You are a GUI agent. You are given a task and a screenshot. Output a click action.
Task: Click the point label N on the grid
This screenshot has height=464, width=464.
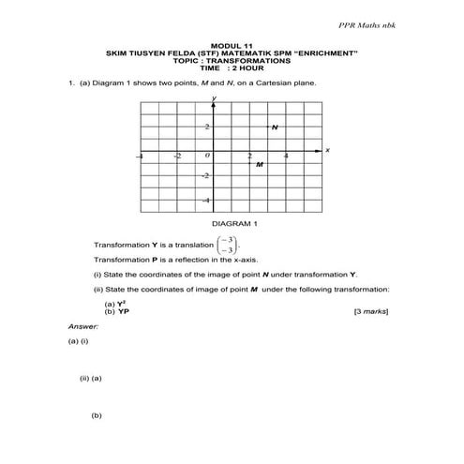pos(274,127)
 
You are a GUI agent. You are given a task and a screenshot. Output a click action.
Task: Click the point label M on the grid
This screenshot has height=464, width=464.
pos(260,164)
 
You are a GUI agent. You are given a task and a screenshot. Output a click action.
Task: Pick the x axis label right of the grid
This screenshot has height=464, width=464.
pos(327,150)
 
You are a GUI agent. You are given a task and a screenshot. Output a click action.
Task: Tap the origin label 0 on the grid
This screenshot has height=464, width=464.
pos(208,156)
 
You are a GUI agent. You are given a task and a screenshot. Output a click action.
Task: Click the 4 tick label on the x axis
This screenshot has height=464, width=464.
pos(286,156)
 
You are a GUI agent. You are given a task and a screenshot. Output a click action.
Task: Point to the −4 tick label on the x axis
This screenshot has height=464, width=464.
pos(141,156)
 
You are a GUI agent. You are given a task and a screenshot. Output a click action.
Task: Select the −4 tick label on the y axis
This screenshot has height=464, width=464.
pos(206,200)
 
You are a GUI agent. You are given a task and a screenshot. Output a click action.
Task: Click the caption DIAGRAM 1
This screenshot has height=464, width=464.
pos(234,224)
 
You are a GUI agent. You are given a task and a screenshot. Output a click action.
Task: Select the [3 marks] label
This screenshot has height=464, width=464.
pos(370,309)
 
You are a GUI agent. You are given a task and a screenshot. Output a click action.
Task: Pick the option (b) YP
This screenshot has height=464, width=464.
pos(116,309)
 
